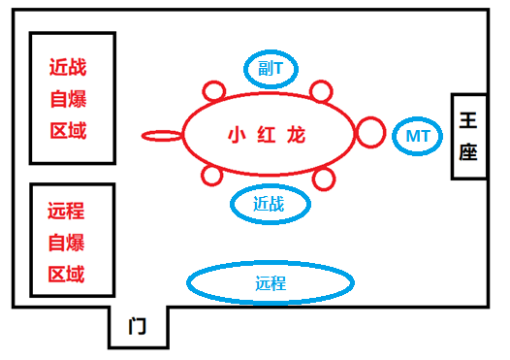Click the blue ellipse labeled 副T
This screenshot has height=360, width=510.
271,68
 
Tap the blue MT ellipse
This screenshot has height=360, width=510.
418,136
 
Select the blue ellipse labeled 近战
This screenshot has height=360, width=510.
271,204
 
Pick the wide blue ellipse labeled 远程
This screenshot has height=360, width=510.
270,283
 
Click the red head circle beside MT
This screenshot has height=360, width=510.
370,132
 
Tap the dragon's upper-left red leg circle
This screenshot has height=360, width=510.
214,92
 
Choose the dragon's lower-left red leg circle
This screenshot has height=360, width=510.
212,176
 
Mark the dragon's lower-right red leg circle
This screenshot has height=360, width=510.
323,179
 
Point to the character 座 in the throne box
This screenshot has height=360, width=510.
467,153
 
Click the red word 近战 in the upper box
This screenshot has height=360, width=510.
67,68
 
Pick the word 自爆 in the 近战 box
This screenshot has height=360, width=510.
67,100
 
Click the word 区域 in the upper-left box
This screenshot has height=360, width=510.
67,131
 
